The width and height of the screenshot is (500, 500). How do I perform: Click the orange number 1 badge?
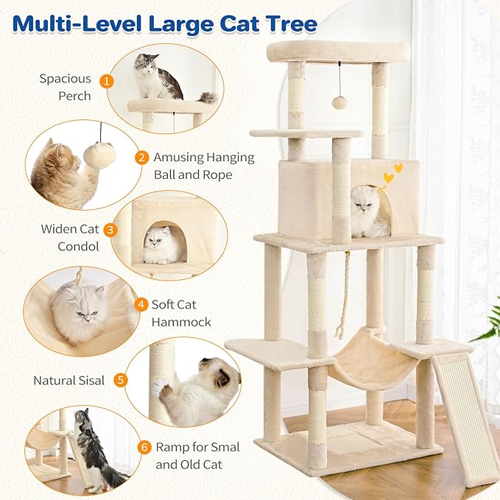(x=108, y=80)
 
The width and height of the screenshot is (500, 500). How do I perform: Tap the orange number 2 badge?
(x=141, y=158)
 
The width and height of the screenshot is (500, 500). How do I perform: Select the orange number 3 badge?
(x=110, y=230)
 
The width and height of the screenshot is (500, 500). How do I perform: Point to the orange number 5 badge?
(x=121, y=381)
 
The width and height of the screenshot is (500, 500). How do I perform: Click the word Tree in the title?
(x=282, y=24)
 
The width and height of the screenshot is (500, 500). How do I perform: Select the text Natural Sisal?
(x=68, y=381)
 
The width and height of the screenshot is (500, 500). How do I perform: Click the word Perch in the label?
(x=74, y=96)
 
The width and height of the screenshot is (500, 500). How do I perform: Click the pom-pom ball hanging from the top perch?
(x=339, y=102)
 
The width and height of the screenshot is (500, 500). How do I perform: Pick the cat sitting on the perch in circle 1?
(x=157, y=77)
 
